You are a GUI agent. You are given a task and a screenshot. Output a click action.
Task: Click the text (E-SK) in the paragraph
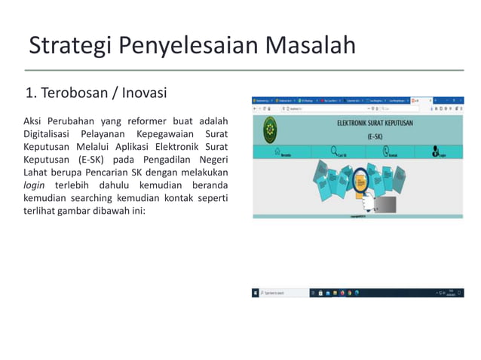[x=91, y=159]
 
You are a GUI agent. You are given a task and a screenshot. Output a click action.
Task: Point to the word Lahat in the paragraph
[x=37, y=172]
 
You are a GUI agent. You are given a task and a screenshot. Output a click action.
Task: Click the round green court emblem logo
[x=269, y=130]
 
